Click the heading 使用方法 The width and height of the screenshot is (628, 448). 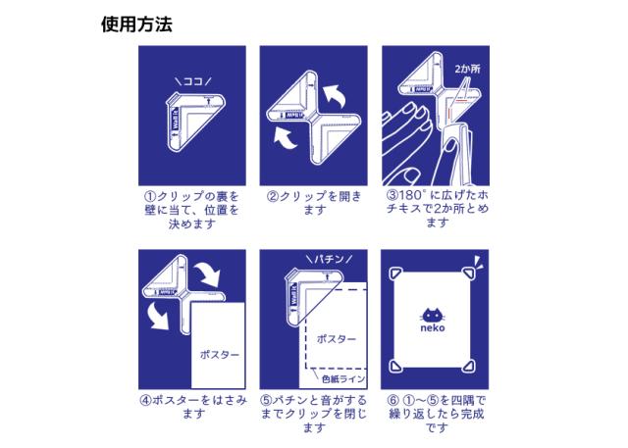(136, 25)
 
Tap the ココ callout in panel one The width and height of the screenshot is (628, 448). (193, 82)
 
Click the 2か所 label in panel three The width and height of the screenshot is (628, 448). (467, 69)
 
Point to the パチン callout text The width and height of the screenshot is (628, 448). (329, 259)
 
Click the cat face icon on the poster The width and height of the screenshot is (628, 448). (433, 316)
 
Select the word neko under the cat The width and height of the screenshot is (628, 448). (433, 328)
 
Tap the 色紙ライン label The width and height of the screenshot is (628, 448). (343, 378)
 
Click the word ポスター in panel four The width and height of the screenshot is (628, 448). (219, 355)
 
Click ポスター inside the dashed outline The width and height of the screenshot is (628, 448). (336, 339)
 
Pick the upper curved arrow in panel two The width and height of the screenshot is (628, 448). (336, 96)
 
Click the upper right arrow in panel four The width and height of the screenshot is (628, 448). (208, 274)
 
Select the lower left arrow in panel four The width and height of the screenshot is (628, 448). (159, 317)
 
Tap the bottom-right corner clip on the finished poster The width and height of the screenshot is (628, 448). (469, 366)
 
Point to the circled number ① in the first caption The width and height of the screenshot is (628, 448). (150, 197)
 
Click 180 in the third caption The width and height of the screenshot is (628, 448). (409, 195)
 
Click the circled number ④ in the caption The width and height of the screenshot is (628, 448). (145, 400)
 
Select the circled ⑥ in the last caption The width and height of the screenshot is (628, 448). (393, 400)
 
